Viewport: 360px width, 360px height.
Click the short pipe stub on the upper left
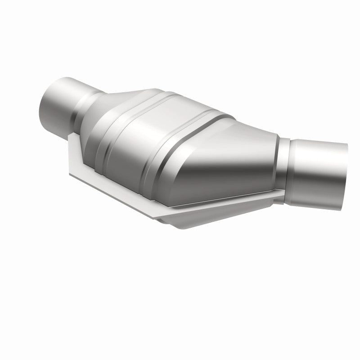click(x=63, y=101)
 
